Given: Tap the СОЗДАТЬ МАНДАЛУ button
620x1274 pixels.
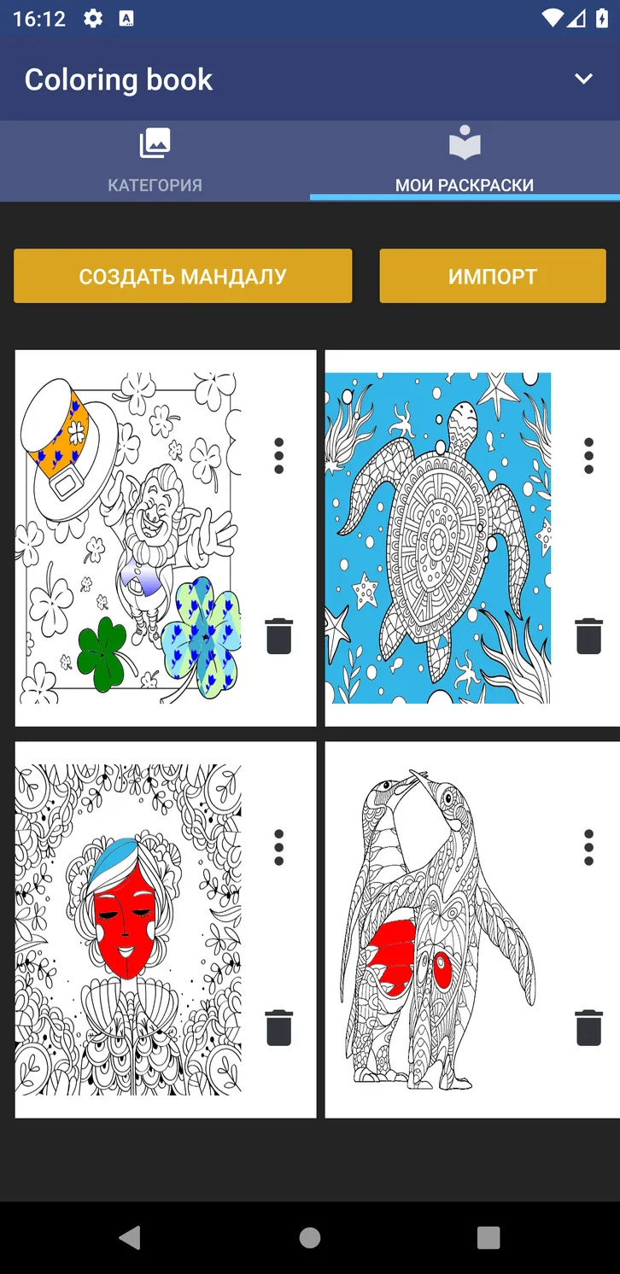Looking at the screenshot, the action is click(183, 276).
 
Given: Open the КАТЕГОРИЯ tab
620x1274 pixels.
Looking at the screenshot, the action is click(155, 161).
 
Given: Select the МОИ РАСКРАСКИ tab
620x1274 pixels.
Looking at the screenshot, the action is click(465, 161).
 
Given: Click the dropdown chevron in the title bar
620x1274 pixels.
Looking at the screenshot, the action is click(583, 79).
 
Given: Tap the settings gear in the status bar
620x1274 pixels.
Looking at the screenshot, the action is click(93, 19).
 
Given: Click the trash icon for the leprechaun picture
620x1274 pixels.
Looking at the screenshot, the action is click(278, 636).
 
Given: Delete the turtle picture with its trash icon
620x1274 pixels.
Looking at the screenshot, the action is click(588, 636).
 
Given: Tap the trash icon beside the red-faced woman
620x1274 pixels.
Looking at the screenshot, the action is click(278, 1028).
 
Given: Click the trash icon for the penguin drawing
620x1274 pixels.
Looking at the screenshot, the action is click(588, 1028).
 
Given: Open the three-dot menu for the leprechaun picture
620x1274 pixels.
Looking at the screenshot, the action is click(278, 456).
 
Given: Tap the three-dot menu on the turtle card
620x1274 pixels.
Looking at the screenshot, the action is click(588, 456).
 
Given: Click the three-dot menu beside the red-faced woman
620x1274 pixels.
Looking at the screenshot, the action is click(278, 847).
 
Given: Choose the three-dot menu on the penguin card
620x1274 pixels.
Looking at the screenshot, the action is click(588, 847).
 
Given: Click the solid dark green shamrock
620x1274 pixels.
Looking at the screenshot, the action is click(102, 654).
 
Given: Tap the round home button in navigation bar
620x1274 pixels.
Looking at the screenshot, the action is click(310, 1237).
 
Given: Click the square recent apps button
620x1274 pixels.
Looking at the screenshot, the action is click(488, 1237).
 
